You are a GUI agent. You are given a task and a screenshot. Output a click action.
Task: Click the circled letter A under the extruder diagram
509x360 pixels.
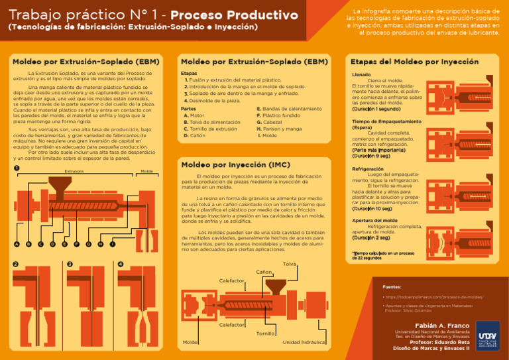pos(16,244)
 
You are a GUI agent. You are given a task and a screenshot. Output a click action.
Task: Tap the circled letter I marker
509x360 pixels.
pos(113,244)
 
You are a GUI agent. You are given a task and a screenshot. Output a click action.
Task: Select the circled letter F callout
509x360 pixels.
pos(76,244)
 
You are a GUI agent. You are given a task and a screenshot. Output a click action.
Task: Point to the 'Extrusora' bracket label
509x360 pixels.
pos(74,171)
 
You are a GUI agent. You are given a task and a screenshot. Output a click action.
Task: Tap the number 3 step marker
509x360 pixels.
pos(70,264)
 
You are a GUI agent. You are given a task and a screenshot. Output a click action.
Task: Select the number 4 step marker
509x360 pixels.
pos(120,264)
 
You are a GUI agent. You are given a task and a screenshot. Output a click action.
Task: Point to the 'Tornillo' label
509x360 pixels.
pos(266,333)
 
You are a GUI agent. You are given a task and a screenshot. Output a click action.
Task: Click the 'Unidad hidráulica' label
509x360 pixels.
pos(304,342)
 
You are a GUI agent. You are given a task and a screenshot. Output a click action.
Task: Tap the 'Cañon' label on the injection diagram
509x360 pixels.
pos(264,272)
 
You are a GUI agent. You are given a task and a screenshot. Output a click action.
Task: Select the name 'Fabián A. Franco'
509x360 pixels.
pos(442,326)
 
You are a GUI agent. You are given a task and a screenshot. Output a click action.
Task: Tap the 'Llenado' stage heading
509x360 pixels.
pos(361,75)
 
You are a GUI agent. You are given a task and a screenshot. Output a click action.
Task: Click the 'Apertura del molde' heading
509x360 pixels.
pos(375,220)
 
